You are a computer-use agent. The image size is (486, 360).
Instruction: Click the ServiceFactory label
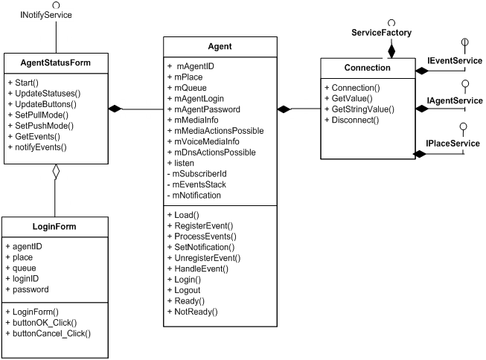pos(382,33)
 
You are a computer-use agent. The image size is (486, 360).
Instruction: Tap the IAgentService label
pos(454,100)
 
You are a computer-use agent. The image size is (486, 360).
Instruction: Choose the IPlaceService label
pos(453,141)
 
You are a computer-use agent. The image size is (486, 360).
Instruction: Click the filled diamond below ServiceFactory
pos(391,51)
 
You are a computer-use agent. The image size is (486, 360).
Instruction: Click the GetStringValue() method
pos(364,109)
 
